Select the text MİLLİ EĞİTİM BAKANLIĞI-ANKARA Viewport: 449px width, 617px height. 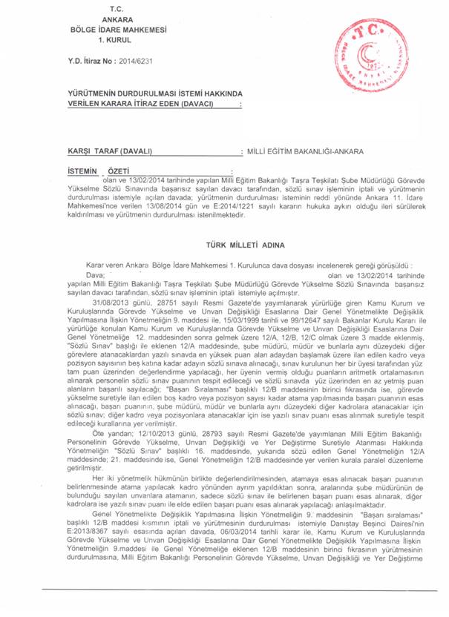[x=304, y=151]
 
